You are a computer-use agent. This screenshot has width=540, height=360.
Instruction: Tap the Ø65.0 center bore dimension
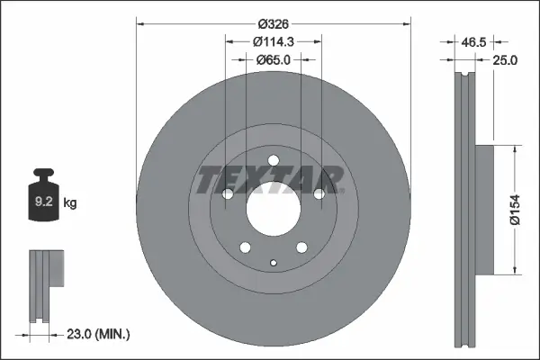click(x=274, y=59)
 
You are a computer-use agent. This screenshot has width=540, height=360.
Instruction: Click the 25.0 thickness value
click(x=506, y=60)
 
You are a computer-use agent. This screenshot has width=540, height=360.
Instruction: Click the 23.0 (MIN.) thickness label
click(x=99, y=334)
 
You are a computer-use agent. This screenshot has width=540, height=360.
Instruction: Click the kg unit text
click(x=70, y=203)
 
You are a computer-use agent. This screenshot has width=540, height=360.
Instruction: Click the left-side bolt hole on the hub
click(x=228, y=193)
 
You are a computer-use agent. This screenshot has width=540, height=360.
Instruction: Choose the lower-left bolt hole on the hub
click(x=245, y=247)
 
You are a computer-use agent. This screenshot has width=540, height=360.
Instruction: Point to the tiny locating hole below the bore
click(x=273, y=263)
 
